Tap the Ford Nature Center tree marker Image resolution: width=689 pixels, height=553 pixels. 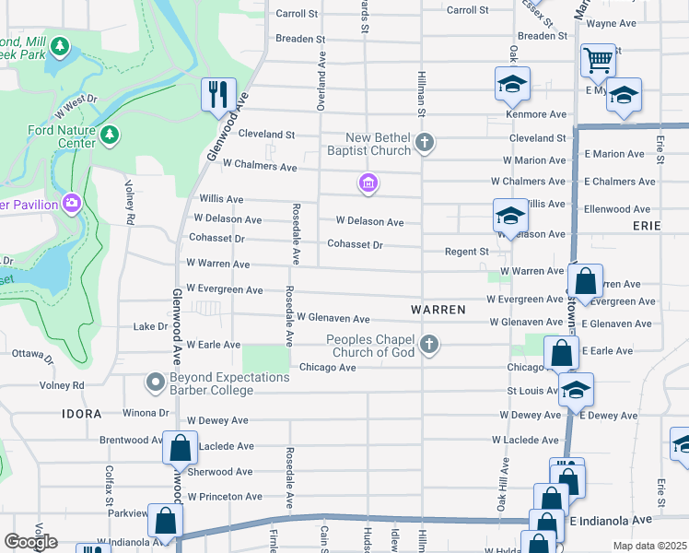pyautogui.click(x=110, y=136)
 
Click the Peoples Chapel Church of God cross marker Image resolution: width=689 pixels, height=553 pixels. pyautogui.click(x=428, y=345)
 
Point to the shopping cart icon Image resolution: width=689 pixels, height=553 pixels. pyautogui.click(x=598, y=61)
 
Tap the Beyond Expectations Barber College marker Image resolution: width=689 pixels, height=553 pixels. pyautogui.click(x=155, y=381)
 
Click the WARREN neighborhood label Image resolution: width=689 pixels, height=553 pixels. pyautogui.click(x=438, y=309)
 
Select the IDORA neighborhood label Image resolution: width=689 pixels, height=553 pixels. pyautogui.click(x=82, y=414)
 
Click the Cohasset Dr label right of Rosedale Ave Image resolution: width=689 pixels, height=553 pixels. pyautogui.click(x=355, y=244)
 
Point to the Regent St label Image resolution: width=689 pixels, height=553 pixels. pyautogui.click(x=466, y=252)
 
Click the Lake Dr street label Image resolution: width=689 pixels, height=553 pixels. pyautogui.click(x=151, y=326)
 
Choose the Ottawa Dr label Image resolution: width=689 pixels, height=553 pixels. pyautogui.click(x=31, y=353)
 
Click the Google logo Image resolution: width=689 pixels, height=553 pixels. pyautogui.click(x=31, y=542)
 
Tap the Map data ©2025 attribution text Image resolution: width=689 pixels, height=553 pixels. pyautogui.click(x=650, y=546)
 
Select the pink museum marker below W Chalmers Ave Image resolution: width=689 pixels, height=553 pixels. pyautogui.click(x=368, y=184)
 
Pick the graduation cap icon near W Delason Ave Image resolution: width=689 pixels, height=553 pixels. pyautogui.click(x=510, y=216)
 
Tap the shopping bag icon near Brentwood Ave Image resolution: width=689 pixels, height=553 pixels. pyautogui.click(x=180, y=448)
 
